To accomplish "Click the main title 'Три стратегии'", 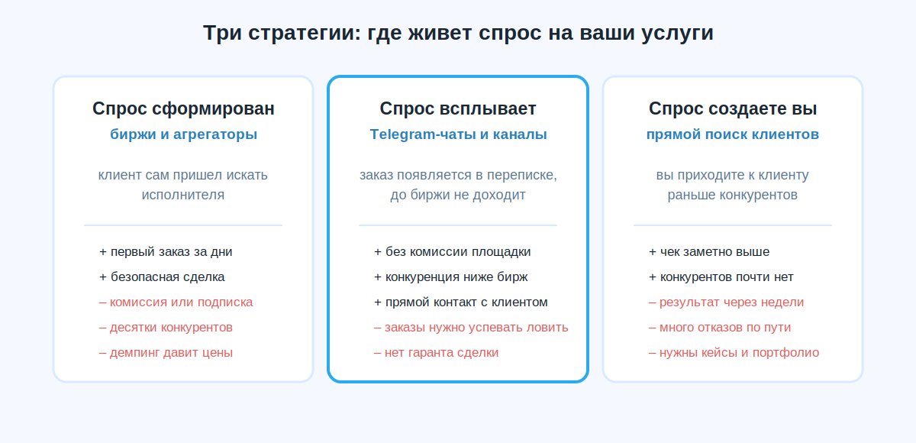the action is coord(282,33).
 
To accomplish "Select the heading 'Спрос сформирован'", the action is coord(183,108).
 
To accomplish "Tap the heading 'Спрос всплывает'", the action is coord(457,108).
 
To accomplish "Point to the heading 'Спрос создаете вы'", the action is coord(732,108).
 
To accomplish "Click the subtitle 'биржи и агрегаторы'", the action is coord(183,134).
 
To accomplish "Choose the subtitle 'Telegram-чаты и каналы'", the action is coord(458,134).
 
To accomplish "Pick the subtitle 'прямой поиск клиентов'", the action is coord(732,134).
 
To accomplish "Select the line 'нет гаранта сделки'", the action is coord(437,353).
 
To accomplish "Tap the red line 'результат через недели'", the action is coord(726,302).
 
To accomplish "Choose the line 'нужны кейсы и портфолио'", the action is coord(734,353).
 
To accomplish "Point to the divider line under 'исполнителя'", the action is coord(183,225).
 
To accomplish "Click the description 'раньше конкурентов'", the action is coord(732,195).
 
